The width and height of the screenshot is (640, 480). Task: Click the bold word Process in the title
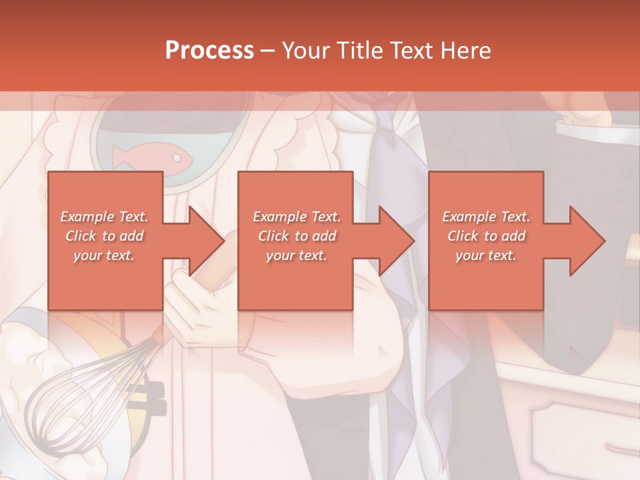(209, 51)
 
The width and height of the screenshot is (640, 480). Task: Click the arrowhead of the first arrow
(207, 241)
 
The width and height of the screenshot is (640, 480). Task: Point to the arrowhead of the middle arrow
(397, 241)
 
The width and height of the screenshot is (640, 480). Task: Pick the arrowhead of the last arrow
(587, 241)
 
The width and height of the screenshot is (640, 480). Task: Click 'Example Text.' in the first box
(104, 216)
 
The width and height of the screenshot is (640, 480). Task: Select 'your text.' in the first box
(104, 255)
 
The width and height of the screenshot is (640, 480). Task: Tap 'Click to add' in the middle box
(297, 235)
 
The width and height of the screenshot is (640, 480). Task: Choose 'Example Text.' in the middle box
(297, 216)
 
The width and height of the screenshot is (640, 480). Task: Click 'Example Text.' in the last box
(486, 216)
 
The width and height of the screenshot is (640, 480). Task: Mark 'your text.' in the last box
(486, 255)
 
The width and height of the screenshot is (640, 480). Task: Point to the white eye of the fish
(177, 158)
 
